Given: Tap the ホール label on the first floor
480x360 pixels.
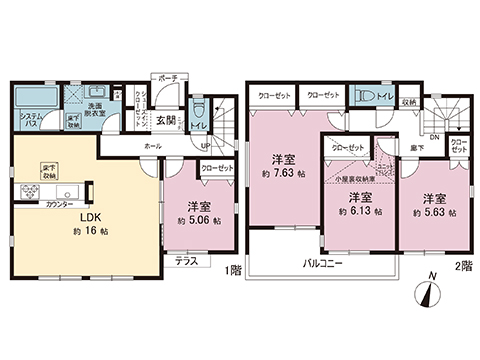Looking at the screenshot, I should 152,146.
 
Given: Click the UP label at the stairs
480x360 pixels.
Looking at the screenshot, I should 205,145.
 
